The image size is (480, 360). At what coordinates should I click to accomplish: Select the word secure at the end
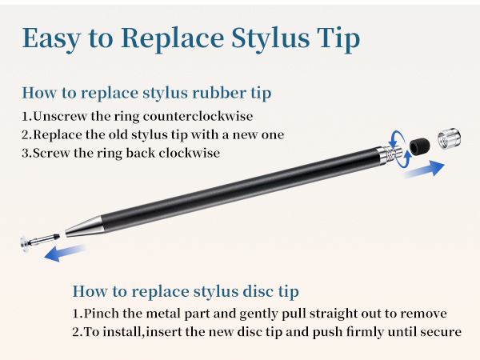[x=441, y=331]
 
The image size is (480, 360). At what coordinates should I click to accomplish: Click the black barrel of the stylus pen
[x=240, y=187]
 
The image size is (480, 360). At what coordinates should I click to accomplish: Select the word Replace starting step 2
[x=60, y=134]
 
